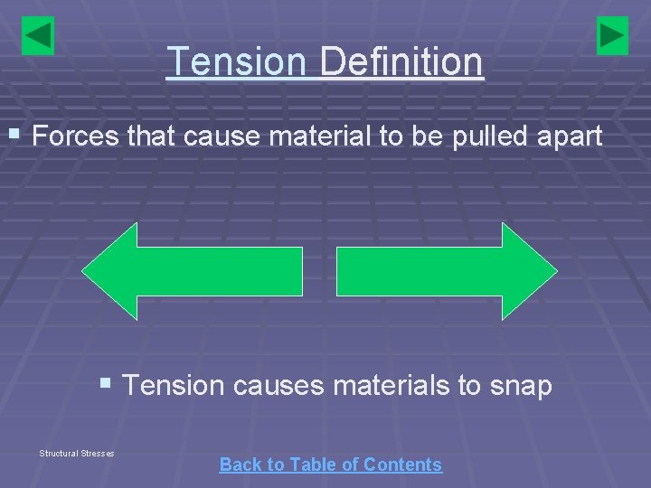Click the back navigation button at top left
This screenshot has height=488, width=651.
[38, 36]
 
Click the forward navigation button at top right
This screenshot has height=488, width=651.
[612, 36]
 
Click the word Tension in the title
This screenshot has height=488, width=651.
[237, 62]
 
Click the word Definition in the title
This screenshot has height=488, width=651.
[401, 62]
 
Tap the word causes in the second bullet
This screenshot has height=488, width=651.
[278, 386]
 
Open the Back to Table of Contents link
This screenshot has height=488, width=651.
[330, 465]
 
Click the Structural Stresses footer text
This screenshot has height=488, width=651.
[77, 453]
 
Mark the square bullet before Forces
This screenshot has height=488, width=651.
[14, 135]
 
